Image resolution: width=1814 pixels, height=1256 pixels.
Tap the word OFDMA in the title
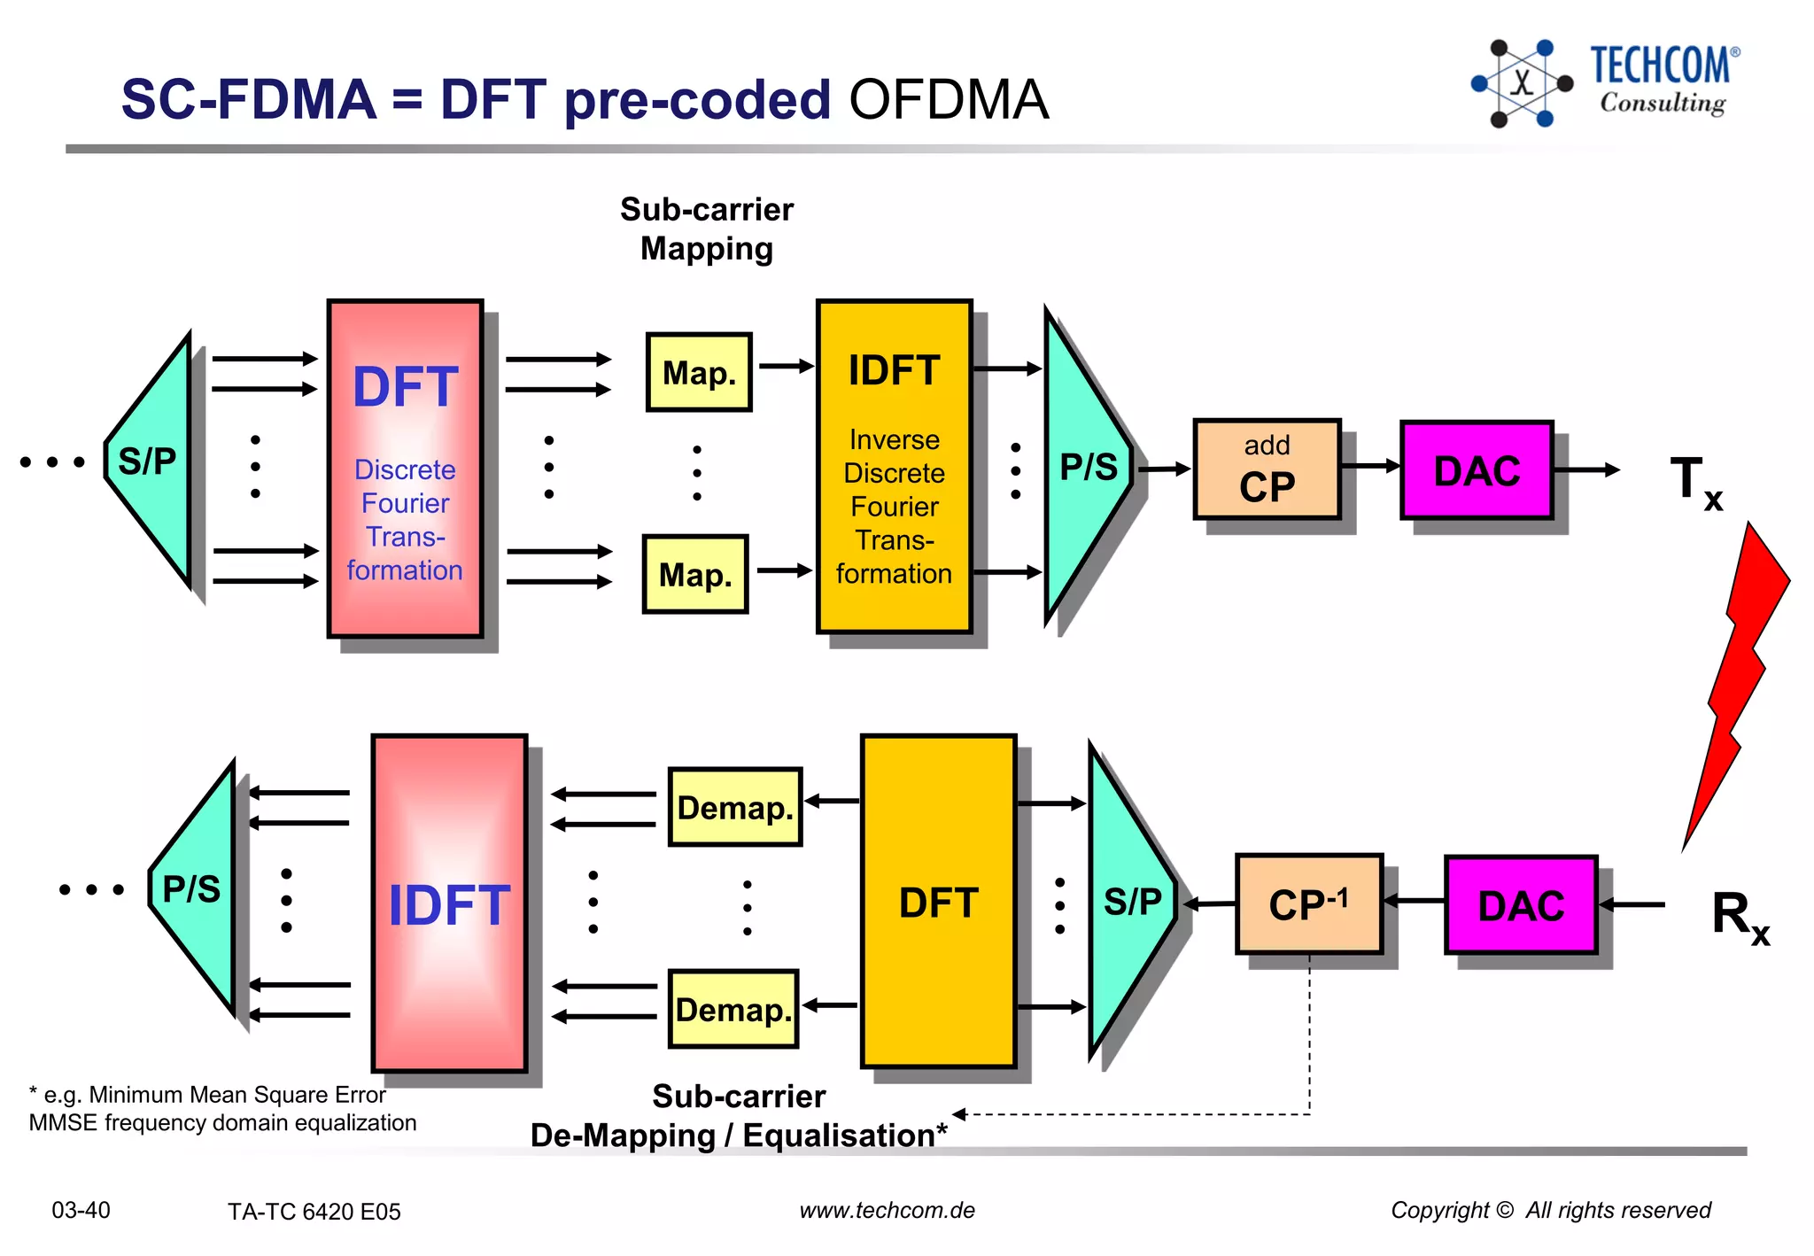tap(949, 98)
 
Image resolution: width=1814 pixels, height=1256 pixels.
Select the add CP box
tap(1267, 469)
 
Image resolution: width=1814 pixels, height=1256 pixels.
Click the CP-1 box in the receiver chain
tap(1308, 904)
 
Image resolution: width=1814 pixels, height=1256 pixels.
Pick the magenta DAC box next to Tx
tap(1477, 470)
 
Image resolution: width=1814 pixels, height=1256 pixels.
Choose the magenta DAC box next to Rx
tap(1521, 905)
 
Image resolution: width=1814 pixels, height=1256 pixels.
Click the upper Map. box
tap(699, 373)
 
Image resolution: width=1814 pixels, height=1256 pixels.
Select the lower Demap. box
tap(733, 1009)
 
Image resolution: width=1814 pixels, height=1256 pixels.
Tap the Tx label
tap(1694, 482)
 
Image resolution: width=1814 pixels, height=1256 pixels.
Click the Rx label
tap(1739, 916)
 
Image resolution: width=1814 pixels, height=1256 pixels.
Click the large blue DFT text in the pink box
tap(405, 387)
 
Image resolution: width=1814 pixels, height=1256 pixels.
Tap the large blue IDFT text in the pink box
tap(449, 905)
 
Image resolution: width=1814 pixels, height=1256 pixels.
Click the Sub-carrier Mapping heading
tap(706, 229)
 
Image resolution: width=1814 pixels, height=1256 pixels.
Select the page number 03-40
tap(81, 1210)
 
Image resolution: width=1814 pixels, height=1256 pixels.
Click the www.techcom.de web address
tap(887, 1210)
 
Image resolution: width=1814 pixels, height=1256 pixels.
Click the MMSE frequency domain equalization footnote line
tap(222, 1122)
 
